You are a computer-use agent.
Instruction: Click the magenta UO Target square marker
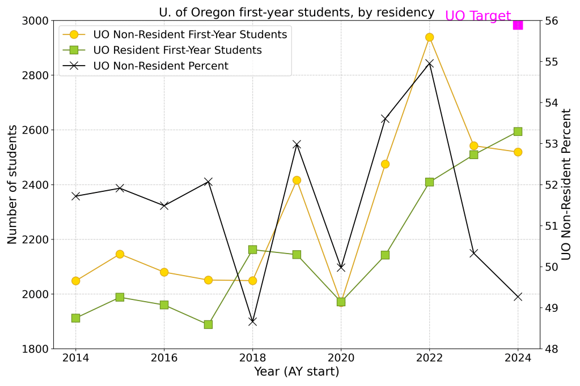coord(518,24)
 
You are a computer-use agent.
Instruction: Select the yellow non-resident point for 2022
coord(429,37)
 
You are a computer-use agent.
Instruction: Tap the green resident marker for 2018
coord(252,250)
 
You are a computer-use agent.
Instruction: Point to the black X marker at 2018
coord(252,321)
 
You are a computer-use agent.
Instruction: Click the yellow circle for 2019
coord(297,180)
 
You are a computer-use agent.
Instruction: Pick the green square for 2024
coord(518,131)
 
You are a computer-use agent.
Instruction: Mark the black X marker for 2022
coord(429,63)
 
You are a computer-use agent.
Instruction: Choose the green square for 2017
coord(208,324)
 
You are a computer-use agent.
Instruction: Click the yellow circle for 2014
coord(75,281)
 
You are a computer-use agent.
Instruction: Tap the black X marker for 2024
coord(518,297)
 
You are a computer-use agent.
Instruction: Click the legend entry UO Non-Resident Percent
coord(161,66)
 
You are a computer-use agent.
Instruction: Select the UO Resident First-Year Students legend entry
coord(177,50)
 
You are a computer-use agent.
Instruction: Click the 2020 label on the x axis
coord(341,358)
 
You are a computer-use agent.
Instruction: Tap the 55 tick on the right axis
coord(552,62)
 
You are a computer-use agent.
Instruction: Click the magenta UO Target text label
coord(477,16)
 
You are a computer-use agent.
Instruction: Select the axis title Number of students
coord(12,185)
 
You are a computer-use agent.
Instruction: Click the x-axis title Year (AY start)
coord(297,372)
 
